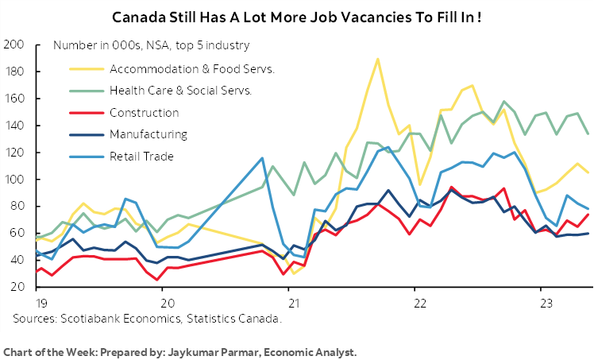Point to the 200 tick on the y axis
coord(14,45)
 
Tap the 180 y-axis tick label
coord(14,72)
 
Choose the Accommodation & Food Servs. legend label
coord(193,69)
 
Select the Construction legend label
coord(145,113)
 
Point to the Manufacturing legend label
coord(149,134)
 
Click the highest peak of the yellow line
coord(377,59)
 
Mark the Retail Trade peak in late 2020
coord(263,158)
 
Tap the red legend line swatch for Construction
coord(83,113)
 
